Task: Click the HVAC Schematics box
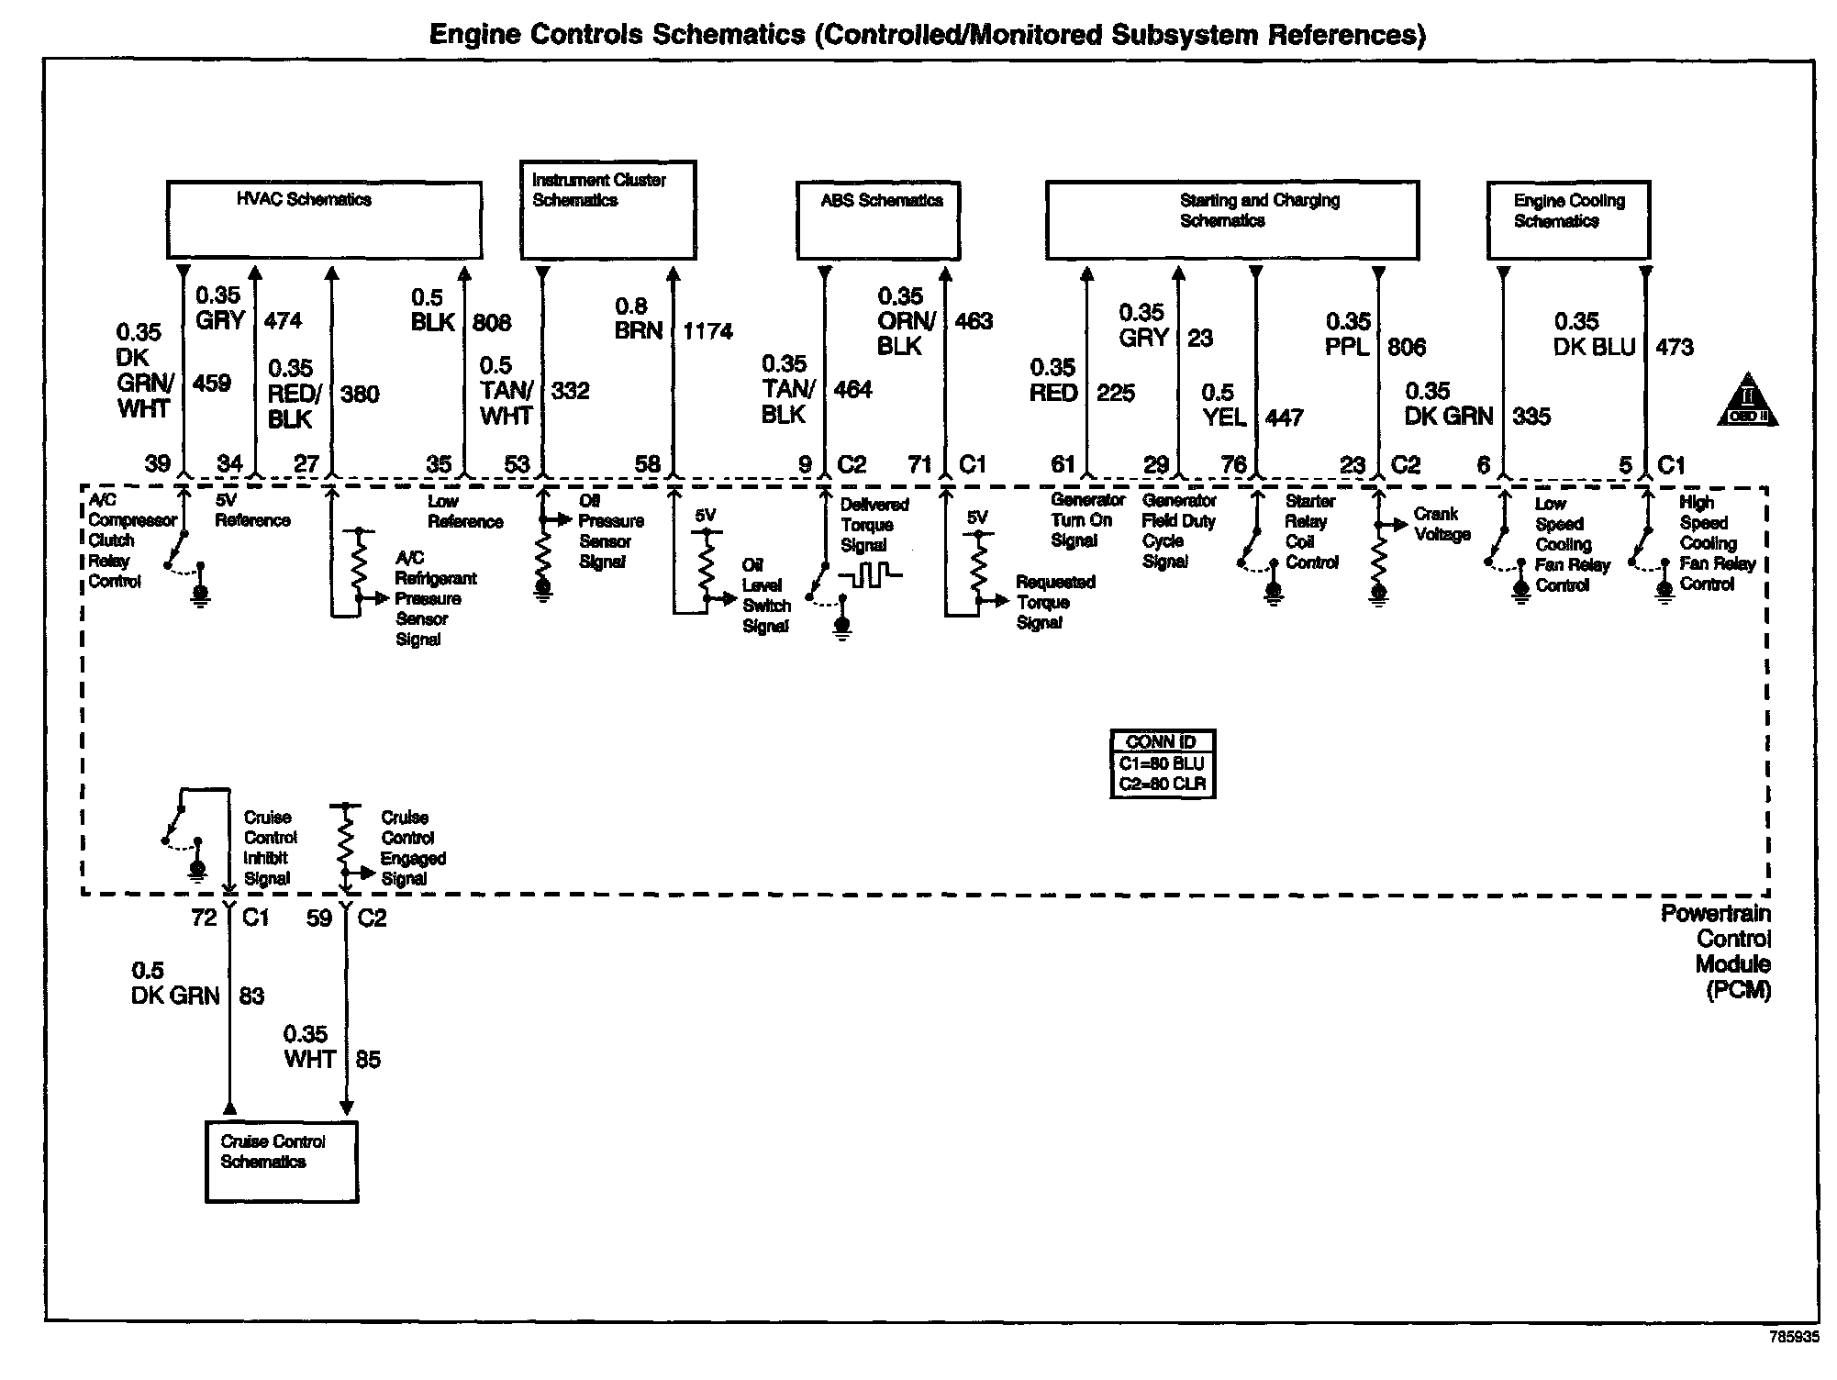click(324, 220)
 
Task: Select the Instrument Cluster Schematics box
click(607, 210)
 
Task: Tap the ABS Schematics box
click(878, 221)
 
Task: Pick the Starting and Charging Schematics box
click(1231, 220)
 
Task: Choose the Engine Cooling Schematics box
click(1567, 220)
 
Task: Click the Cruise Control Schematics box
click(281, 1161)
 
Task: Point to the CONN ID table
click(1163, 763)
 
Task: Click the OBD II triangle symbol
click(1747, 400)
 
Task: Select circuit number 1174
click(707, 331)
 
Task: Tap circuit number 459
click(212, 383)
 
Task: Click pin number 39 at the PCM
click(158, 463)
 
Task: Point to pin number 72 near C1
click(204, 918)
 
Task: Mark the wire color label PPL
click(1348, 347)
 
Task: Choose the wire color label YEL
click(1224, 417)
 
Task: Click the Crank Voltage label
click(1442, 524)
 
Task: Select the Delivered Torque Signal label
click(874, 525)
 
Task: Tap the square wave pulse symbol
click(870, 576)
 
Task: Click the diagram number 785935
click(1793, 1337)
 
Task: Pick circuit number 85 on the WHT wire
click(368, 1060)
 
